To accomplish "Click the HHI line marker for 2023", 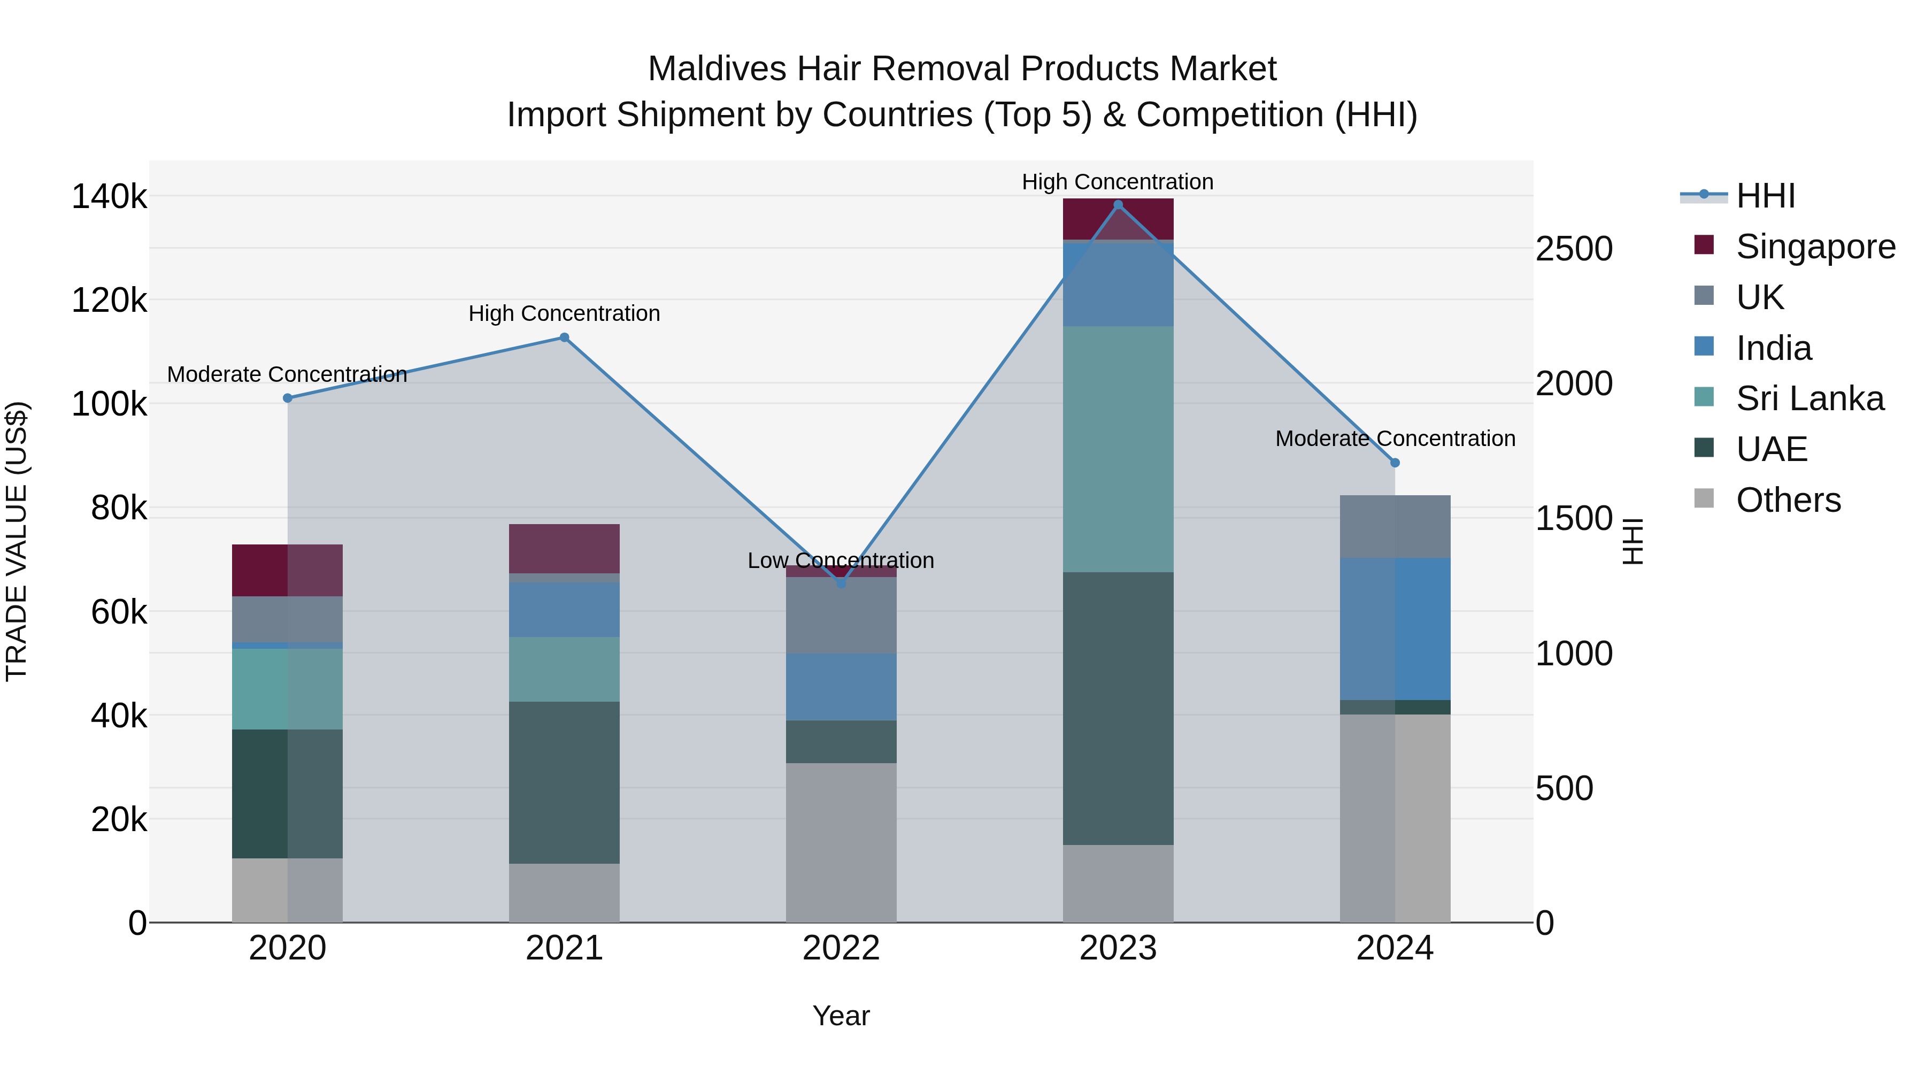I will [1118, 205].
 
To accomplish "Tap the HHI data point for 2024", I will [1395, 463].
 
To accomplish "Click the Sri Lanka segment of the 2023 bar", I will [1118, 449].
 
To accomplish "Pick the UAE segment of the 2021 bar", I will [564, 782].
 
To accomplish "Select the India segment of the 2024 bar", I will [1395, 628].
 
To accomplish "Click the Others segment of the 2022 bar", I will [841, 842].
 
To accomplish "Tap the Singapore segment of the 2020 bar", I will [287, 570].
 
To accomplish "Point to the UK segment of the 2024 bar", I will [1395, 526].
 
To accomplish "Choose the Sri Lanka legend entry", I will [1809, 398].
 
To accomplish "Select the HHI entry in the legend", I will [1765, 196].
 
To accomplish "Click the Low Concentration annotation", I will [841, 560].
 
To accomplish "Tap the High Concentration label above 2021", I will [564, 313].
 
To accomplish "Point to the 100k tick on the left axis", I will [109, 404].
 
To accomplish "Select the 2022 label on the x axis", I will [841, 948].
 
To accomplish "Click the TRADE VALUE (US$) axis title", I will [17, 541].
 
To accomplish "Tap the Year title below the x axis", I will [841, 1016].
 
